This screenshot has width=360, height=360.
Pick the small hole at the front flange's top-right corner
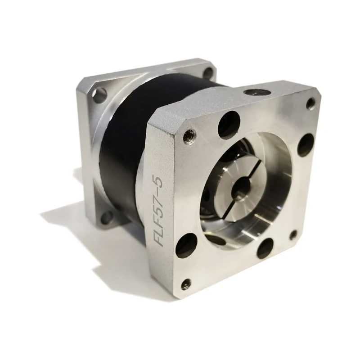[x=310, y=103]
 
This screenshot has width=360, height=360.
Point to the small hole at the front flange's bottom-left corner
[x=185, y=284]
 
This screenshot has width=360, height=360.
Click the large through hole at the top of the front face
[x=228, y=125]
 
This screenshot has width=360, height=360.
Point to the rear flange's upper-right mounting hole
[x=208, y=72]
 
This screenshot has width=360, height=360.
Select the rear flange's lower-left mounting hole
[x=107, y=217]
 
